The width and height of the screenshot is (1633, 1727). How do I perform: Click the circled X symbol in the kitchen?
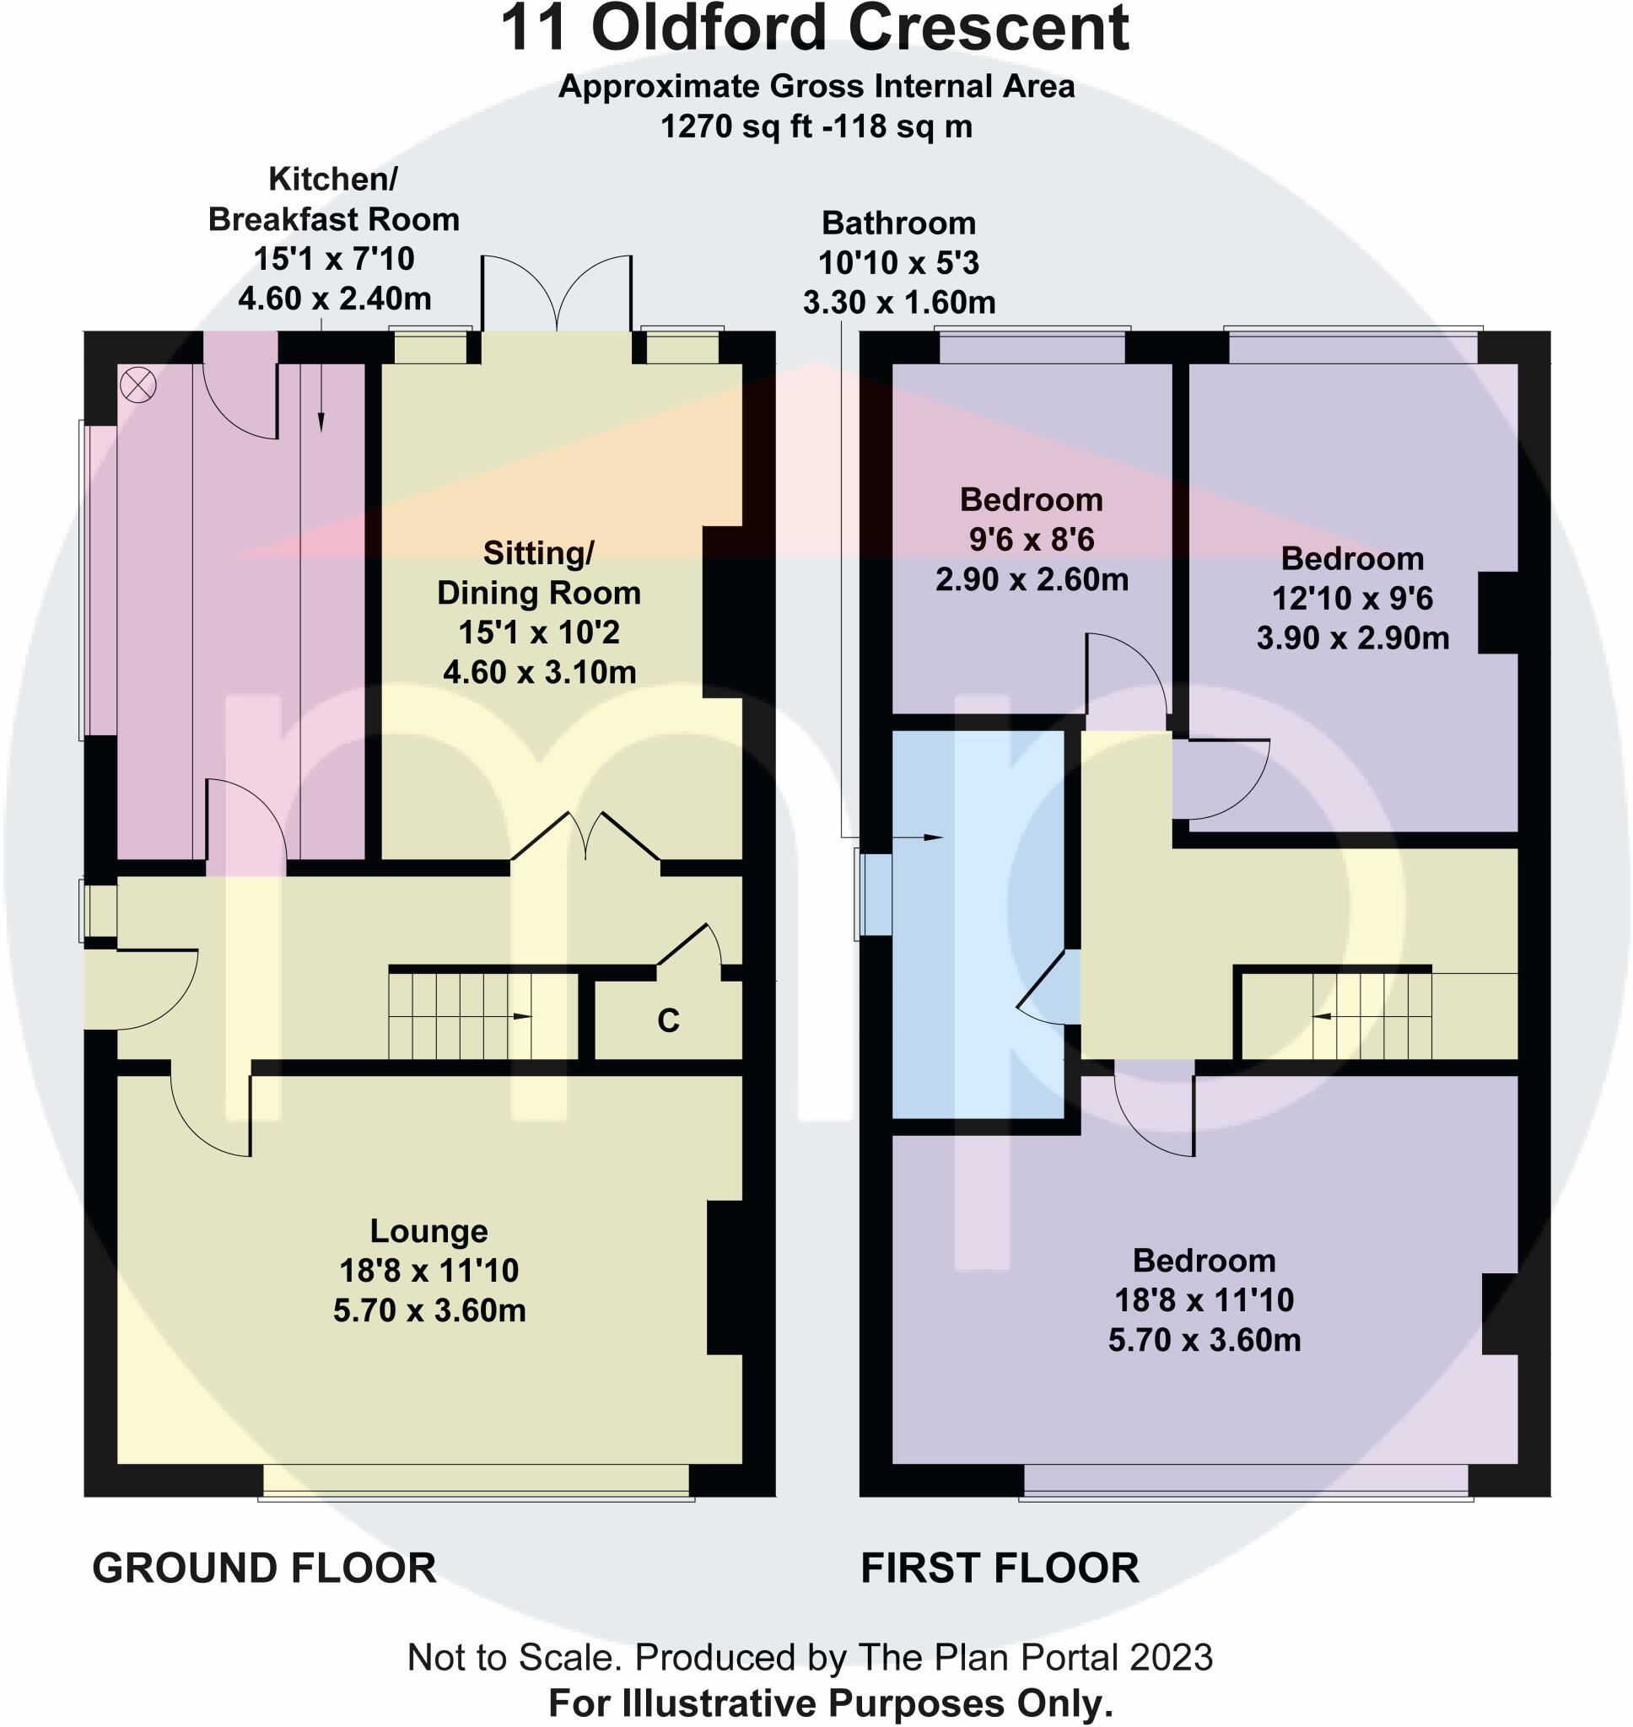137,385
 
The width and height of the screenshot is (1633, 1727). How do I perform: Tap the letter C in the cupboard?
668,1020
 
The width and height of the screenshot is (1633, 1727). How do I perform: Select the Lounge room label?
428,1231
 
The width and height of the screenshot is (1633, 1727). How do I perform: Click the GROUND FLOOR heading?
264,1568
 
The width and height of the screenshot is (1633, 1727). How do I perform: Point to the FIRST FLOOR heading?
1000,1568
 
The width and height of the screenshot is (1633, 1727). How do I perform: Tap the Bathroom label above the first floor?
898,223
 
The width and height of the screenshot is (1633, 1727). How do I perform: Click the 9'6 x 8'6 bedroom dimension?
1032,540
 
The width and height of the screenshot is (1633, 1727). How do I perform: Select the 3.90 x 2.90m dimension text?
1352,638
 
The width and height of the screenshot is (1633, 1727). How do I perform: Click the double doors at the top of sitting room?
556,294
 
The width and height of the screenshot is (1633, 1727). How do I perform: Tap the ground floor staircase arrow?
522,1016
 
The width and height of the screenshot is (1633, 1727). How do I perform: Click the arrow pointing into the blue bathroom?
931,838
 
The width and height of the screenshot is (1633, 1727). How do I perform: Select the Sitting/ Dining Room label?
539,573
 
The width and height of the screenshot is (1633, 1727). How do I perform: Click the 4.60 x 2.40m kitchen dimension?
334,299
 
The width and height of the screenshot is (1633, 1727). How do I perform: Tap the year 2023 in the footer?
1171,1657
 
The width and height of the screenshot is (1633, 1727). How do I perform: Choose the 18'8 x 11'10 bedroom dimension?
1204,1299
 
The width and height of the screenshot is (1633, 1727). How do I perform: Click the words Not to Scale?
513,1657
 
